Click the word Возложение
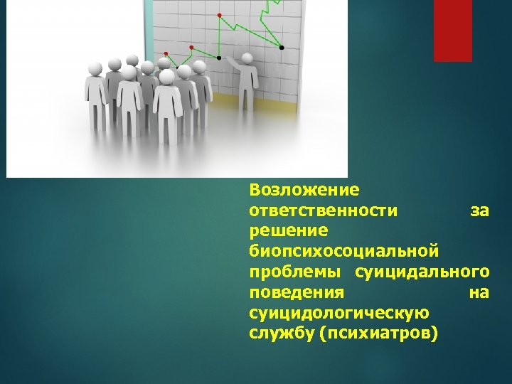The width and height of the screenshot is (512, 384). tap(304, 190)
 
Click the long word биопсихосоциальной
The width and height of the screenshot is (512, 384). tap(343, 252)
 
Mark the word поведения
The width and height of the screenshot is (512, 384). tap(297, 292)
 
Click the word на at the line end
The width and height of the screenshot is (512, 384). tap(479, 292)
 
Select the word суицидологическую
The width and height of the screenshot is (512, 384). tap(338, 313)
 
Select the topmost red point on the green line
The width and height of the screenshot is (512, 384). tap(219, 14)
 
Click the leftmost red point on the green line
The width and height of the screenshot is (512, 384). tap(166, 53)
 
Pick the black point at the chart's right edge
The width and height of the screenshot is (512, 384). tap(282, 47)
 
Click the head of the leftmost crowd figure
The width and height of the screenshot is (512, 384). tap(95, 68)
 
